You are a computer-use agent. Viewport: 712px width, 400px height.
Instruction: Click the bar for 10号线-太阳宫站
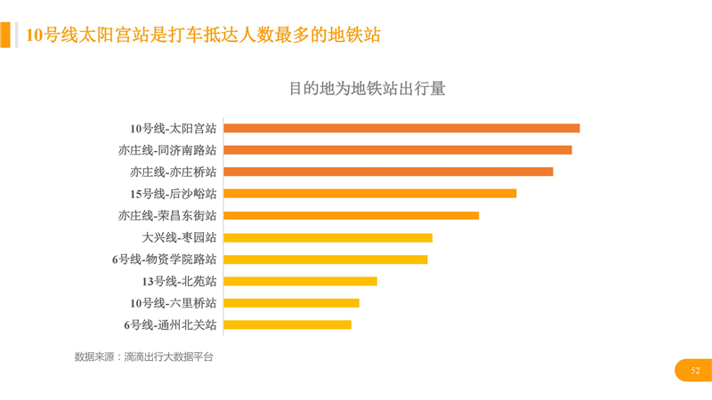[401, 128]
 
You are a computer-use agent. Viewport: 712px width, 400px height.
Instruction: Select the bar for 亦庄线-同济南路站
[397, 150]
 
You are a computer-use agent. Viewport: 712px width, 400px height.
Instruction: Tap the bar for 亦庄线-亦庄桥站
[388, 172]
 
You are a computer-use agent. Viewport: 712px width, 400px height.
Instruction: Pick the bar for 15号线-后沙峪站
[369, 194]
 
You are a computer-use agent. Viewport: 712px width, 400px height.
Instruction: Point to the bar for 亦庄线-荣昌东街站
[351, 215]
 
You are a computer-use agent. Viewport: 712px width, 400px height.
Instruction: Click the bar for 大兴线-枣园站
[328, 237]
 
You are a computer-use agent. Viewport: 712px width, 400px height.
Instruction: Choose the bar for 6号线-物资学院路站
[325, 260]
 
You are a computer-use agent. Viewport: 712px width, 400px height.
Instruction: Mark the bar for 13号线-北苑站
[300, 281]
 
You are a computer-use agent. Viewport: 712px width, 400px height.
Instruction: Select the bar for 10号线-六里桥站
[291, 303]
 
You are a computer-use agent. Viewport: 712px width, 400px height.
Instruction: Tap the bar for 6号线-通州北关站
[287, 324]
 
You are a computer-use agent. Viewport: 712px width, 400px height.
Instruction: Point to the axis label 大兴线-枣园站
[179, 237]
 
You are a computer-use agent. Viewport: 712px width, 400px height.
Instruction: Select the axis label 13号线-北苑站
[179, 281]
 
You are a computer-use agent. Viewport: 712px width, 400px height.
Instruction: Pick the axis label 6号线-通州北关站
[170, 324]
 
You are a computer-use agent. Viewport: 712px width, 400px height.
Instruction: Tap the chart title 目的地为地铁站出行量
[367, 89]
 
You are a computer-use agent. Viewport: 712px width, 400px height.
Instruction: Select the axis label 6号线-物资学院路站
[164, 260]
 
